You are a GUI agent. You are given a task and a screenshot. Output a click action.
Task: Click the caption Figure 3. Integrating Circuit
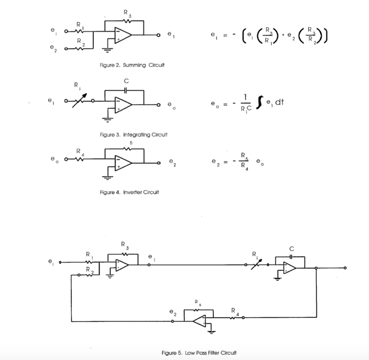point(133,135)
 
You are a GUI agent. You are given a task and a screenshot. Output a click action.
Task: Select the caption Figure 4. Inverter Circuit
point(129,192)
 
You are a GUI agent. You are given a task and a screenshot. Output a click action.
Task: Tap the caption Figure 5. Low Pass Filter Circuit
point(199,352)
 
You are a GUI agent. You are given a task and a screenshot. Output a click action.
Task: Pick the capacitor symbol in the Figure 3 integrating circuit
point(125,90)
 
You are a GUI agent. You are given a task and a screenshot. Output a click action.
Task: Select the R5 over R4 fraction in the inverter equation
point(244,161)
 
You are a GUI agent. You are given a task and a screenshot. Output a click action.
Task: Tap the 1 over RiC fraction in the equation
point(245,104)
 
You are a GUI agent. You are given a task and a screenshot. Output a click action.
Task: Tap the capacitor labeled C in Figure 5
point(291,256)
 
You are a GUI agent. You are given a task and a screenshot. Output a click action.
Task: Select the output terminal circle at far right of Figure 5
point(345,268)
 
